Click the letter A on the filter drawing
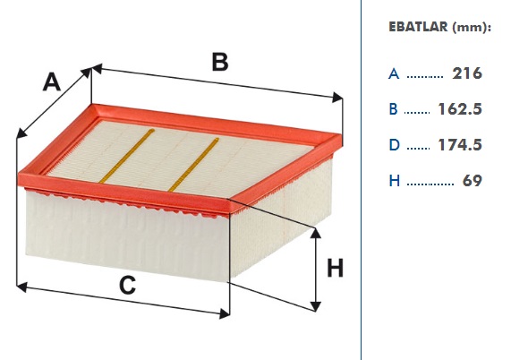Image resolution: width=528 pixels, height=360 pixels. point(52,81)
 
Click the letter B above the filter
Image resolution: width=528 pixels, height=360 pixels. point(220,62)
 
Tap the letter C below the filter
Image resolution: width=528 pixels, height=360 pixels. point(128,285)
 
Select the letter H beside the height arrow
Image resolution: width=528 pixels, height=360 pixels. point(336,268)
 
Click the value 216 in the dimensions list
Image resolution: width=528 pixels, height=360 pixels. point(467,73)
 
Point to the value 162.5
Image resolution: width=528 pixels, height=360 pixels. point(460,109)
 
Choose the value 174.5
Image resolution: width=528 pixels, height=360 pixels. point(460,144)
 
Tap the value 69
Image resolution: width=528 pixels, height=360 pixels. point(473,180)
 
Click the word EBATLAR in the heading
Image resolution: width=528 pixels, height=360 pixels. point(418,27)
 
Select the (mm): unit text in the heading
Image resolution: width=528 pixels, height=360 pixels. point(472,27)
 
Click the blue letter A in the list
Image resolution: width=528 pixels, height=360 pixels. point(394,73)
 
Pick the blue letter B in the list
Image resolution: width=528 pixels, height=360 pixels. point(393,109)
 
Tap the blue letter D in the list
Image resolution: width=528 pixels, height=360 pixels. point(394,145)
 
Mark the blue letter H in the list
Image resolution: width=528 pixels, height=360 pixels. point(395,181)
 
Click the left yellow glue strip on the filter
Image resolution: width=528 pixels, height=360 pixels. point(127,156)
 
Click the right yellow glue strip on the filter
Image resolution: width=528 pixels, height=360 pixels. point(193,165)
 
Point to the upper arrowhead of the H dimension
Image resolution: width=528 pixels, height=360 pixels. point(316,233)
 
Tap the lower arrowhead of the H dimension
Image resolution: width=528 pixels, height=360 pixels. point(316,306)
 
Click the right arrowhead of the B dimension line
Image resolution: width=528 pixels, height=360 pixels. point(337,98)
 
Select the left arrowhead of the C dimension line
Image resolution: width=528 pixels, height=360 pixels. point(21,287)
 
